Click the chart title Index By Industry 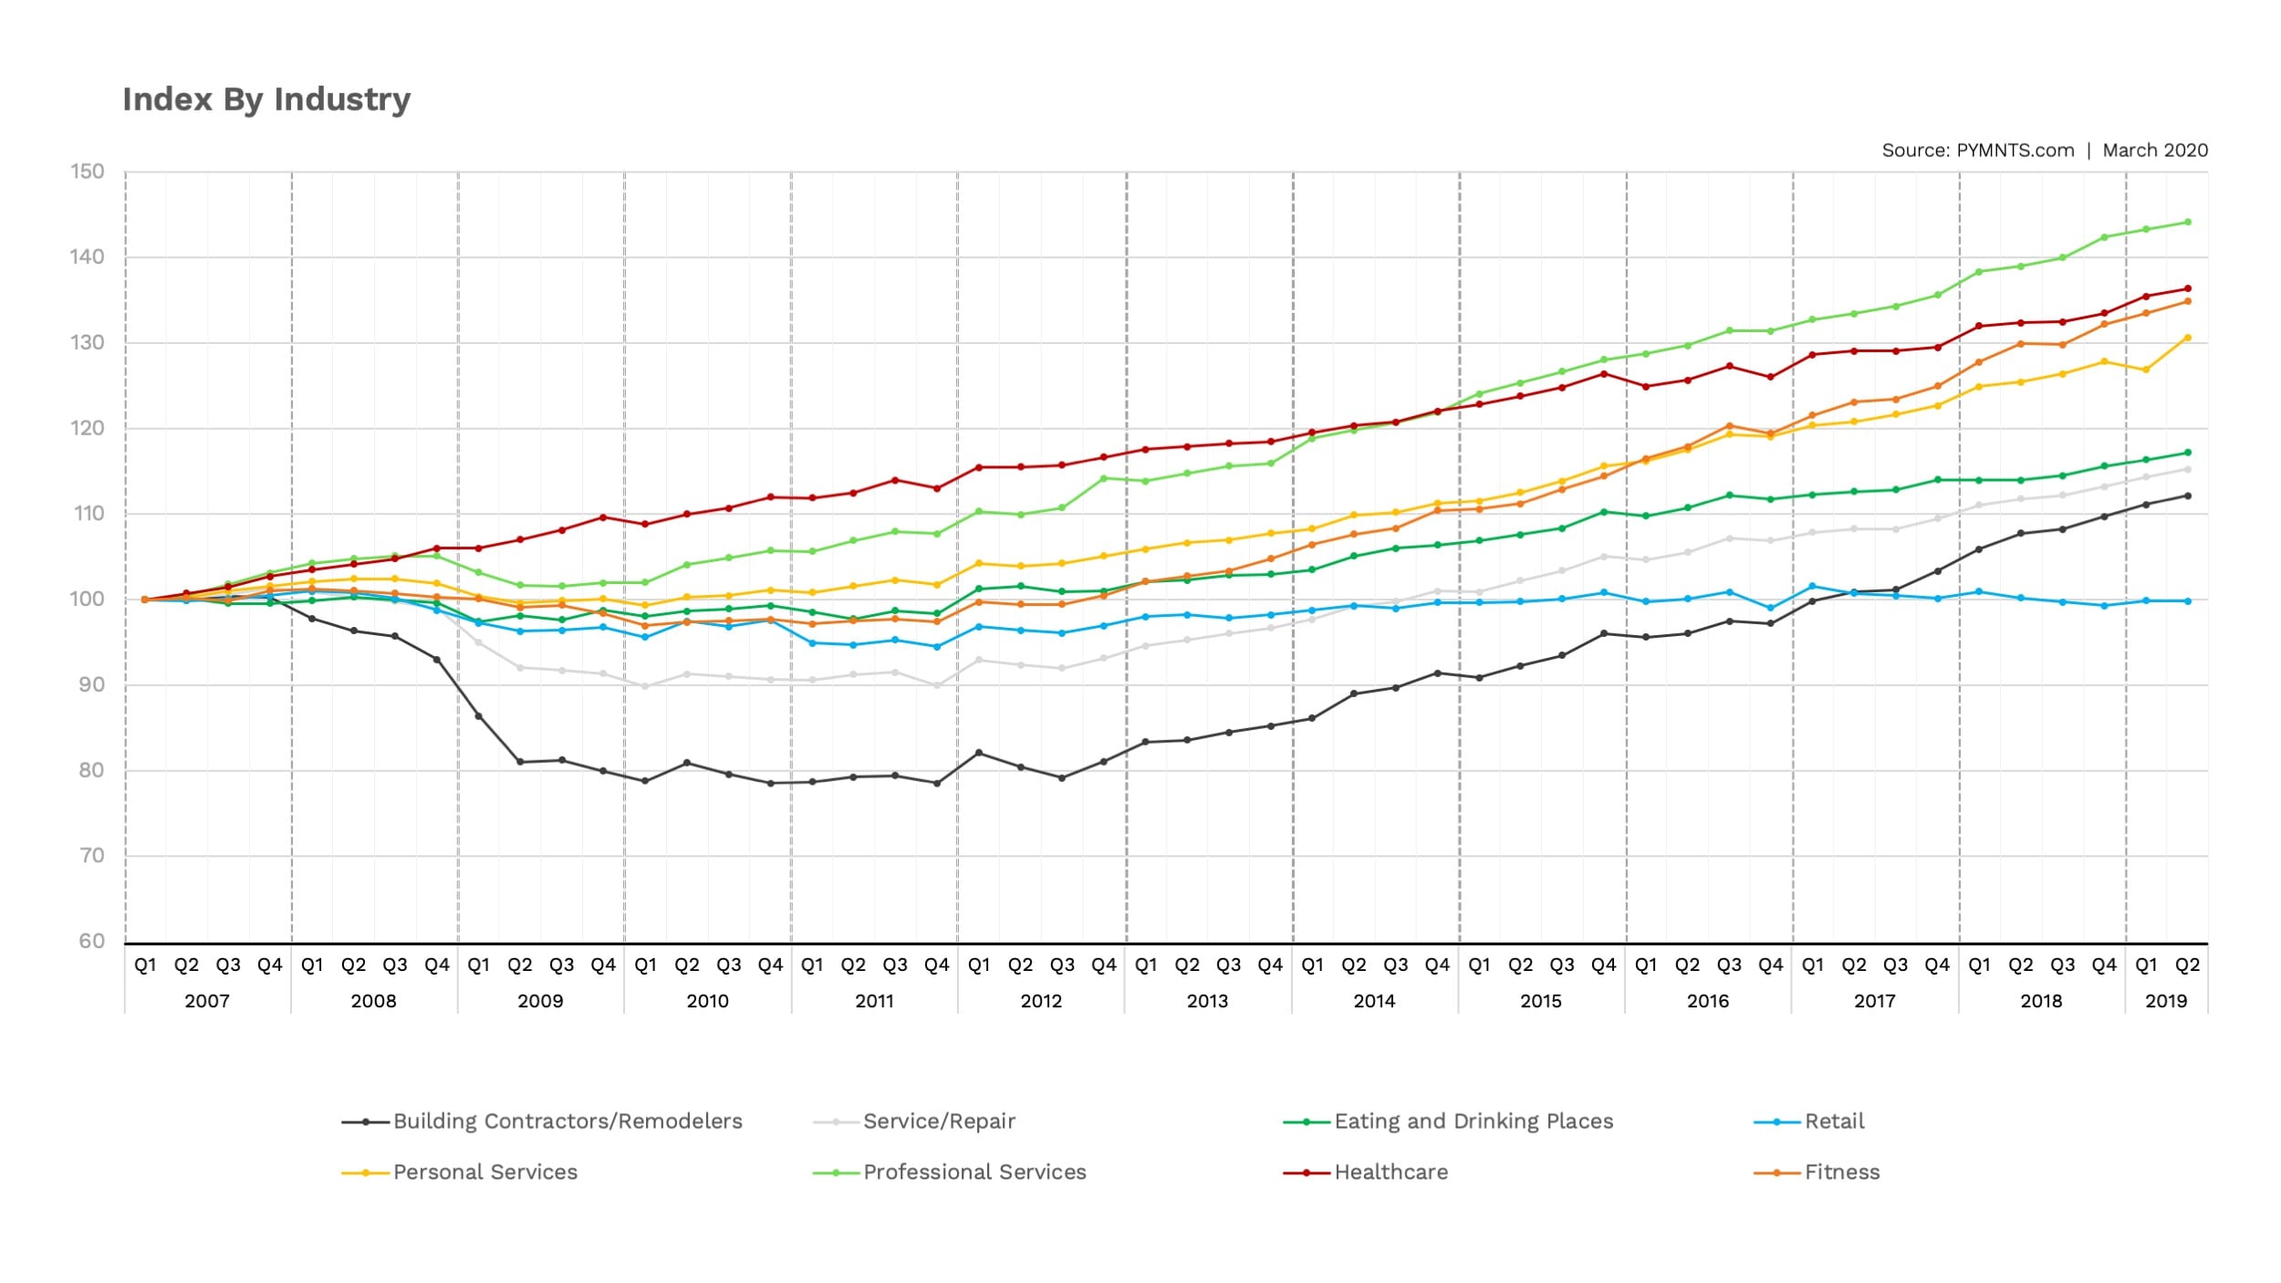[266, 99]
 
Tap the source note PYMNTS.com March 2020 [2044, 151]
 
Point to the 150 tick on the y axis [88, 172]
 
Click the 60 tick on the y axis [91, 941]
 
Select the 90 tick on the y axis [91, 684]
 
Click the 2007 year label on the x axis [207, 1001]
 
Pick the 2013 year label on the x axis [1207, 1001]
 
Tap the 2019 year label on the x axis [2166, 1001]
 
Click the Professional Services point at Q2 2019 [2188, 222]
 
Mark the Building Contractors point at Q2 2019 [2188, 496]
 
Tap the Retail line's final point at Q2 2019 [2188, 601]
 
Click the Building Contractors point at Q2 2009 [520, 762]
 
